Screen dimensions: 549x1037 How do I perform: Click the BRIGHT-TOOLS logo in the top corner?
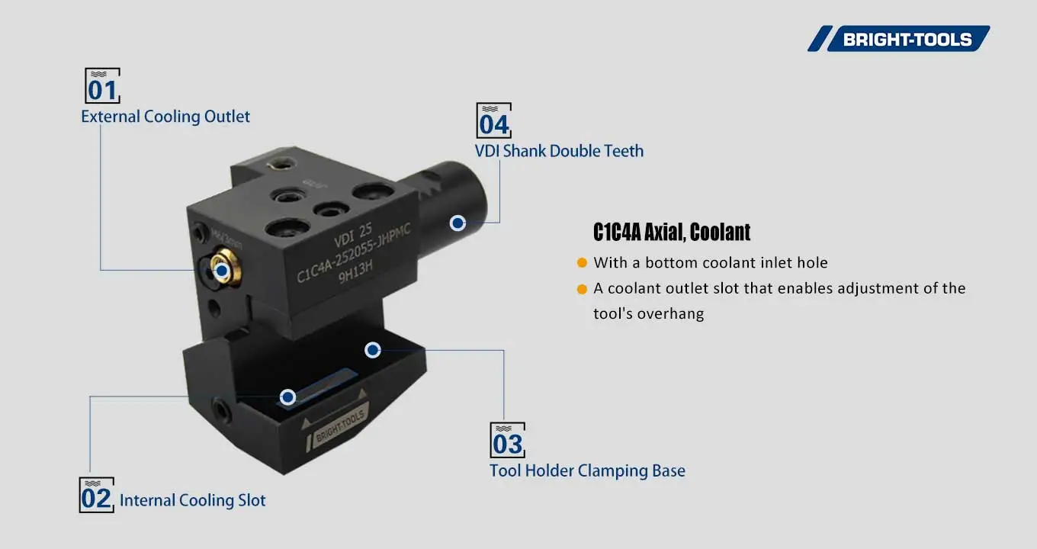point(899,39)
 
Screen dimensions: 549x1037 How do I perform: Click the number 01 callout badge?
point(102,86)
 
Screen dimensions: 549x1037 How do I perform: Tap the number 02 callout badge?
point(97,496)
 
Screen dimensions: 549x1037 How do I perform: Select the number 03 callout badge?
point(507,440)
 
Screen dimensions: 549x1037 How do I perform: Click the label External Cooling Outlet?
point(165,117)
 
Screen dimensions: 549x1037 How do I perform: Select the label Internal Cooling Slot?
point(192,500)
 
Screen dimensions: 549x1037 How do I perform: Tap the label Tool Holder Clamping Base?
point(587,470)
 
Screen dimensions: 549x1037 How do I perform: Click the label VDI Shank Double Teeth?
point(559,151)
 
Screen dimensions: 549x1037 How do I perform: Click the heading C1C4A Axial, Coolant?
point(672,232)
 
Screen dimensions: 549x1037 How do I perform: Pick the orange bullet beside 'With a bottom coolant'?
point(582,263)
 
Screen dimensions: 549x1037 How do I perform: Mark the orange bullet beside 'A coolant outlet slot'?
point(582,289)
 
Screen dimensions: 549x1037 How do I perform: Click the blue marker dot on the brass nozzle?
point(222,270)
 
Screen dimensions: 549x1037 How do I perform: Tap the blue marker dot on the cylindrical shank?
point(457,223)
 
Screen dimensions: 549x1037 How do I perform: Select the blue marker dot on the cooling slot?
point(287,397)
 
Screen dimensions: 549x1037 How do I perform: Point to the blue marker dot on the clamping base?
point(372,350)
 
